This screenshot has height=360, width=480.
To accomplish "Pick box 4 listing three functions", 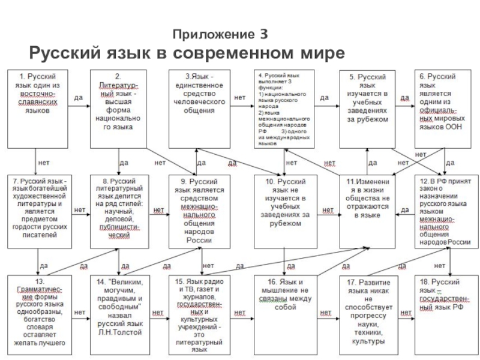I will pyautogui.click(x=283, y=109).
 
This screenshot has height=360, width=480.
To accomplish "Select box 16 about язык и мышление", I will pyautogui.click(x=283, y=313).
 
